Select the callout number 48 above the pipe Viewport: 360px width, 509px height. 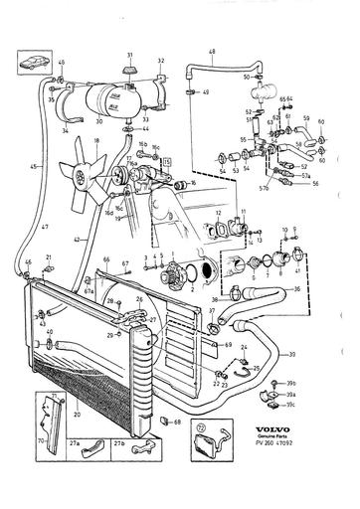pos(211,53)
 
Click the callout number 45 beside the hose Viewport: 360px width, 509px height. pos(33,166)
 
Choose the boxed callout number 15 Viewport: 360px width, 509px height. pos(169,160)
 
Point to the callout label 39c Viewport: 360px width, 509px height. pos(319,405)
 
